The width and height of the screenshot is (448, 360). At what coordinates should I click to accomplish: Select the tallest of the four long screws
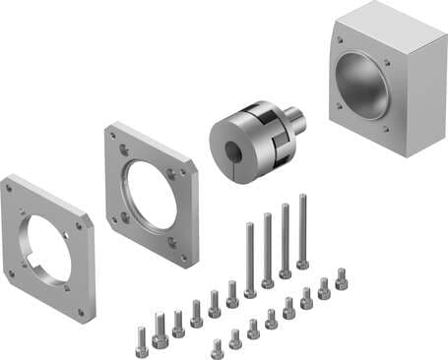[302, 231]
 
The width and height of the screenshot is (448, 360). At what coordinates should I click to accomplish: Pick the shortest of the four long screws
[249, 261]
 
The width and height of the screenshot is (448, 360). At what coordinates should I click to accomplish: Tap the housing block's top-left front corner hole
[341, 41]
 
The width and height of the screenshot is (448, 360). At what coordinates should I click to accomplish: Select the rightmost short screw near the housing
[342, 279]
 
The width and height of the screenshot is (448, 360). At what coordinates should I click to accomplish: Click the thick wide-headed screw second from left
[160, 330]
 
